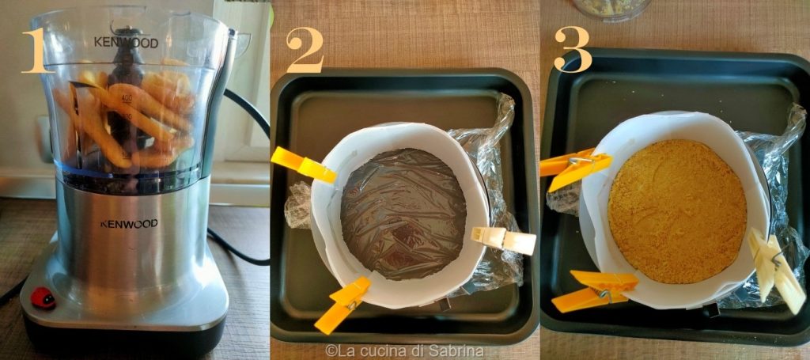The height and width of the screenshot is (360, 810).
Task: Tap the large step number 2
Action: click(x=305, y=51)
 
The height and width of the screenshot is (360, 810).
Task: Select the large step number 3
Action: click(x=573, y=50)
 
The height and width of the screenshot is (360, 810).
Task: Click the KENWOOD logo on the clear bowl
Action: click(x=126, y=42)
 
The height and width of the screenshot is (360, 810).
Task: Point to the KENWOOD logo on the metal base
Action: click(x=129, y=224)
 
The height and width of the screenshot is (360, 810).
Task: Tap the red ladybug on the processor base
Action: click(x=43, y=298)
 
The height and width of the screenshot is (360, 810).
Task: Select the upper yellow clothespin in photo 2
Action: click(x=303, y=165)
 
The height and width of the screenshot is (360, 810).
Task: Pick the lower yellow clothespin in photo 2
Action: click(x=343, y=305)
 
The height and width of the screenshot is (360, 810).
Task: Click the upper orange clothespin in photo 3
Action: click(x=574, y=168)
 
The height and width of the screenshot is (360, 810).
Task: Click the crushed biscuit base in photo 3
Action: click(x=677, y=212)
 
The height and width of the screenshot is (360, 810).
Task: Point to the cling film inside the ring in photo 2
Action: click(x=403, y=214)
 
